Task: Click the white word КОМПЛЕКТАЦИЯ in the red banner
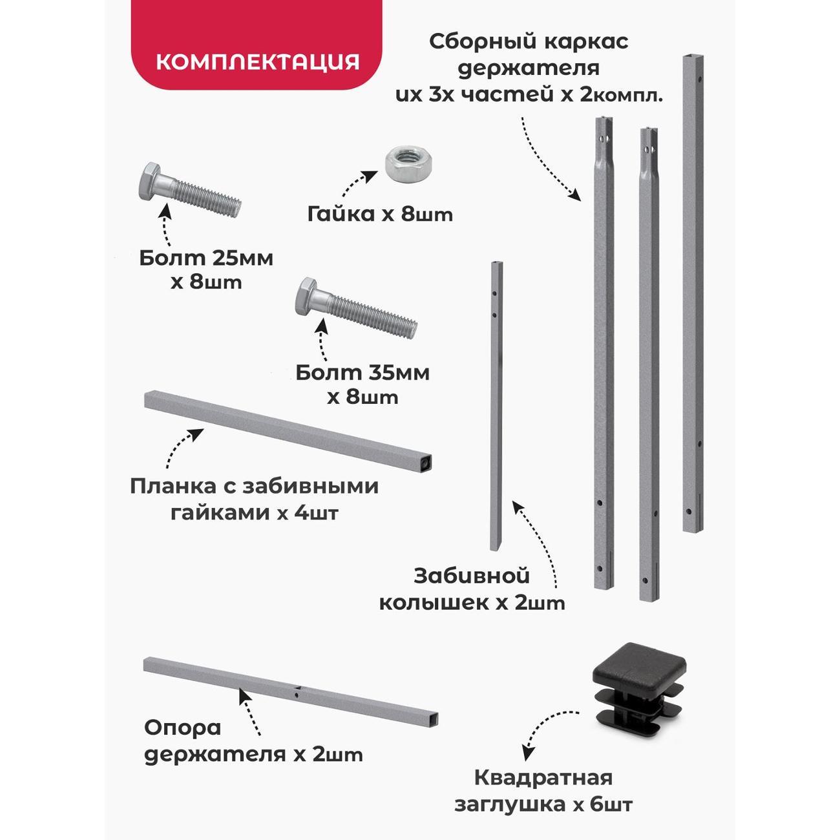click(x=258, y=62)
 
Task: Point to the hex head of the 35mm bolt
click(x=309, y=297)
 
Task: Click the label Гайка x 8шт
click(x=380, y=215)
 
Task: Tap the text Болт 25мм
click(x=206, y=258)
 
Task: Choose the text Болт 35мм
click(x=362, y=373)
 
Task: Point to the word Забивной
click(x=472, y=576)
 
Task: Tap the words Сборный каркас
click(x=529, y=42)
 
